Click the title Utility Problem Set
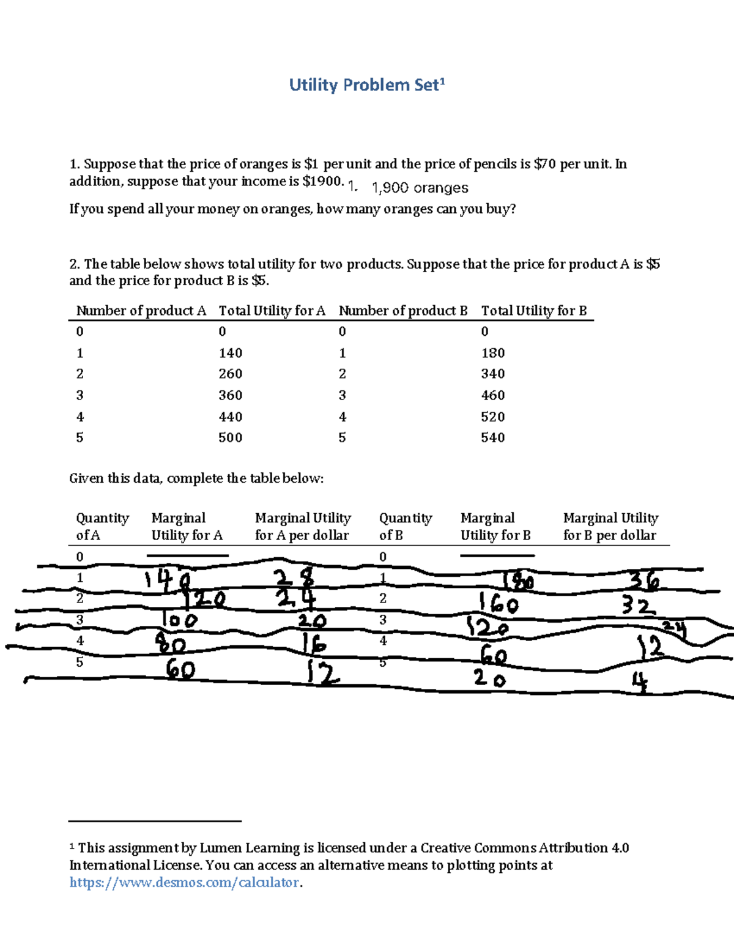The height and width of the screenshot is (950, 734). [x=366, y=85]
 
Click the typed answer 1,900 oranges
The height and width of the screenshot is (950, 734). [x=420, y=188]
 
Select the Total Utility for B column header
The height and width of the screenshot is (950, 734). [x=534, y=310]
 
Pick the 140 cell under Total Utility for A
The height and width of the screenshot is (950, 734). [x=231, y=353]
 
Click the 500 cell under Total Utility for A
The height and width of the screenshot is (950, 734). [x=231, y=437]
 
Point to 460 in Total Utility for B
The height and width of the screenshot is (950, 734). [x=492, y=395]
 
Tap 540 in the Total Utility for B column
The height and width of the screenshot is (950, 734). [x=492, y=437]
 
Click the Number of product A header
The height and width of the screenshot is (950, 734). [x=141, y=310]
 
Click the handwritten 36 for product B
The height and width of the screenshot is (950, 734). [x=643, y=582]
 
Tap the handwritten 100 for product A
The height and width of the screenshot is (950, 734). [x=179, y=620]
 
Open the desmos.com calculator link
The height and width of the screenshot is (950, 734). [x=185, y=882]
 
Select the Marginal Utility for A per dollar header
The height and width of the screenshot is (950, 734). [x=303, y=526]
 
